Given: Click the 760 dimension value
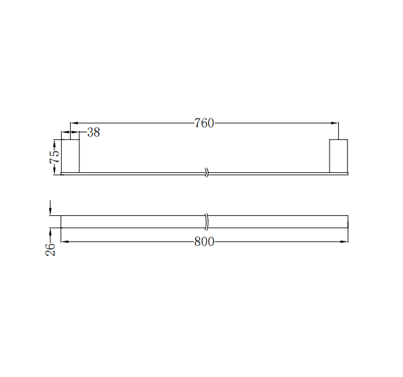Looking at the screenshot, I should coord(204,123).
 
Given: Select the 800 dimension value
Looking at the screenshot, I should coord(204,242).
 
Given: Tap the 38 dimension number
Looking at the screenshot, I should coord(94,133).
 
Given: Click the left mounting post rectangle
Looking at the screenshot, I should coord(70,156).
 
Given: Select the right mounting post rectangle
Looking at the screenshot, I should coord(338,156).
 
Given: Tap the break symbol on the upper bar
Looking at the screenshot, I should coord(206,173).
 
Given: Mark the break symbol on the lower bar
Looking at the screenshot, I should coord(206,221).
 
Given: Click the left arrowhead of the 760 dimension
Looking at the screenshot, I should coord(74,123).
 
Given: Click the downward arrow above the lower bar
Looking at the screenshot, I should coord(50,211).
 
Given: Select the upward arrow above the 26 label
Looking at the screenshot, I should coord(50,232).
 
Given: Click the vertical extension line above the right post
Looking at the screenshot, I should coord(339,130).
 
